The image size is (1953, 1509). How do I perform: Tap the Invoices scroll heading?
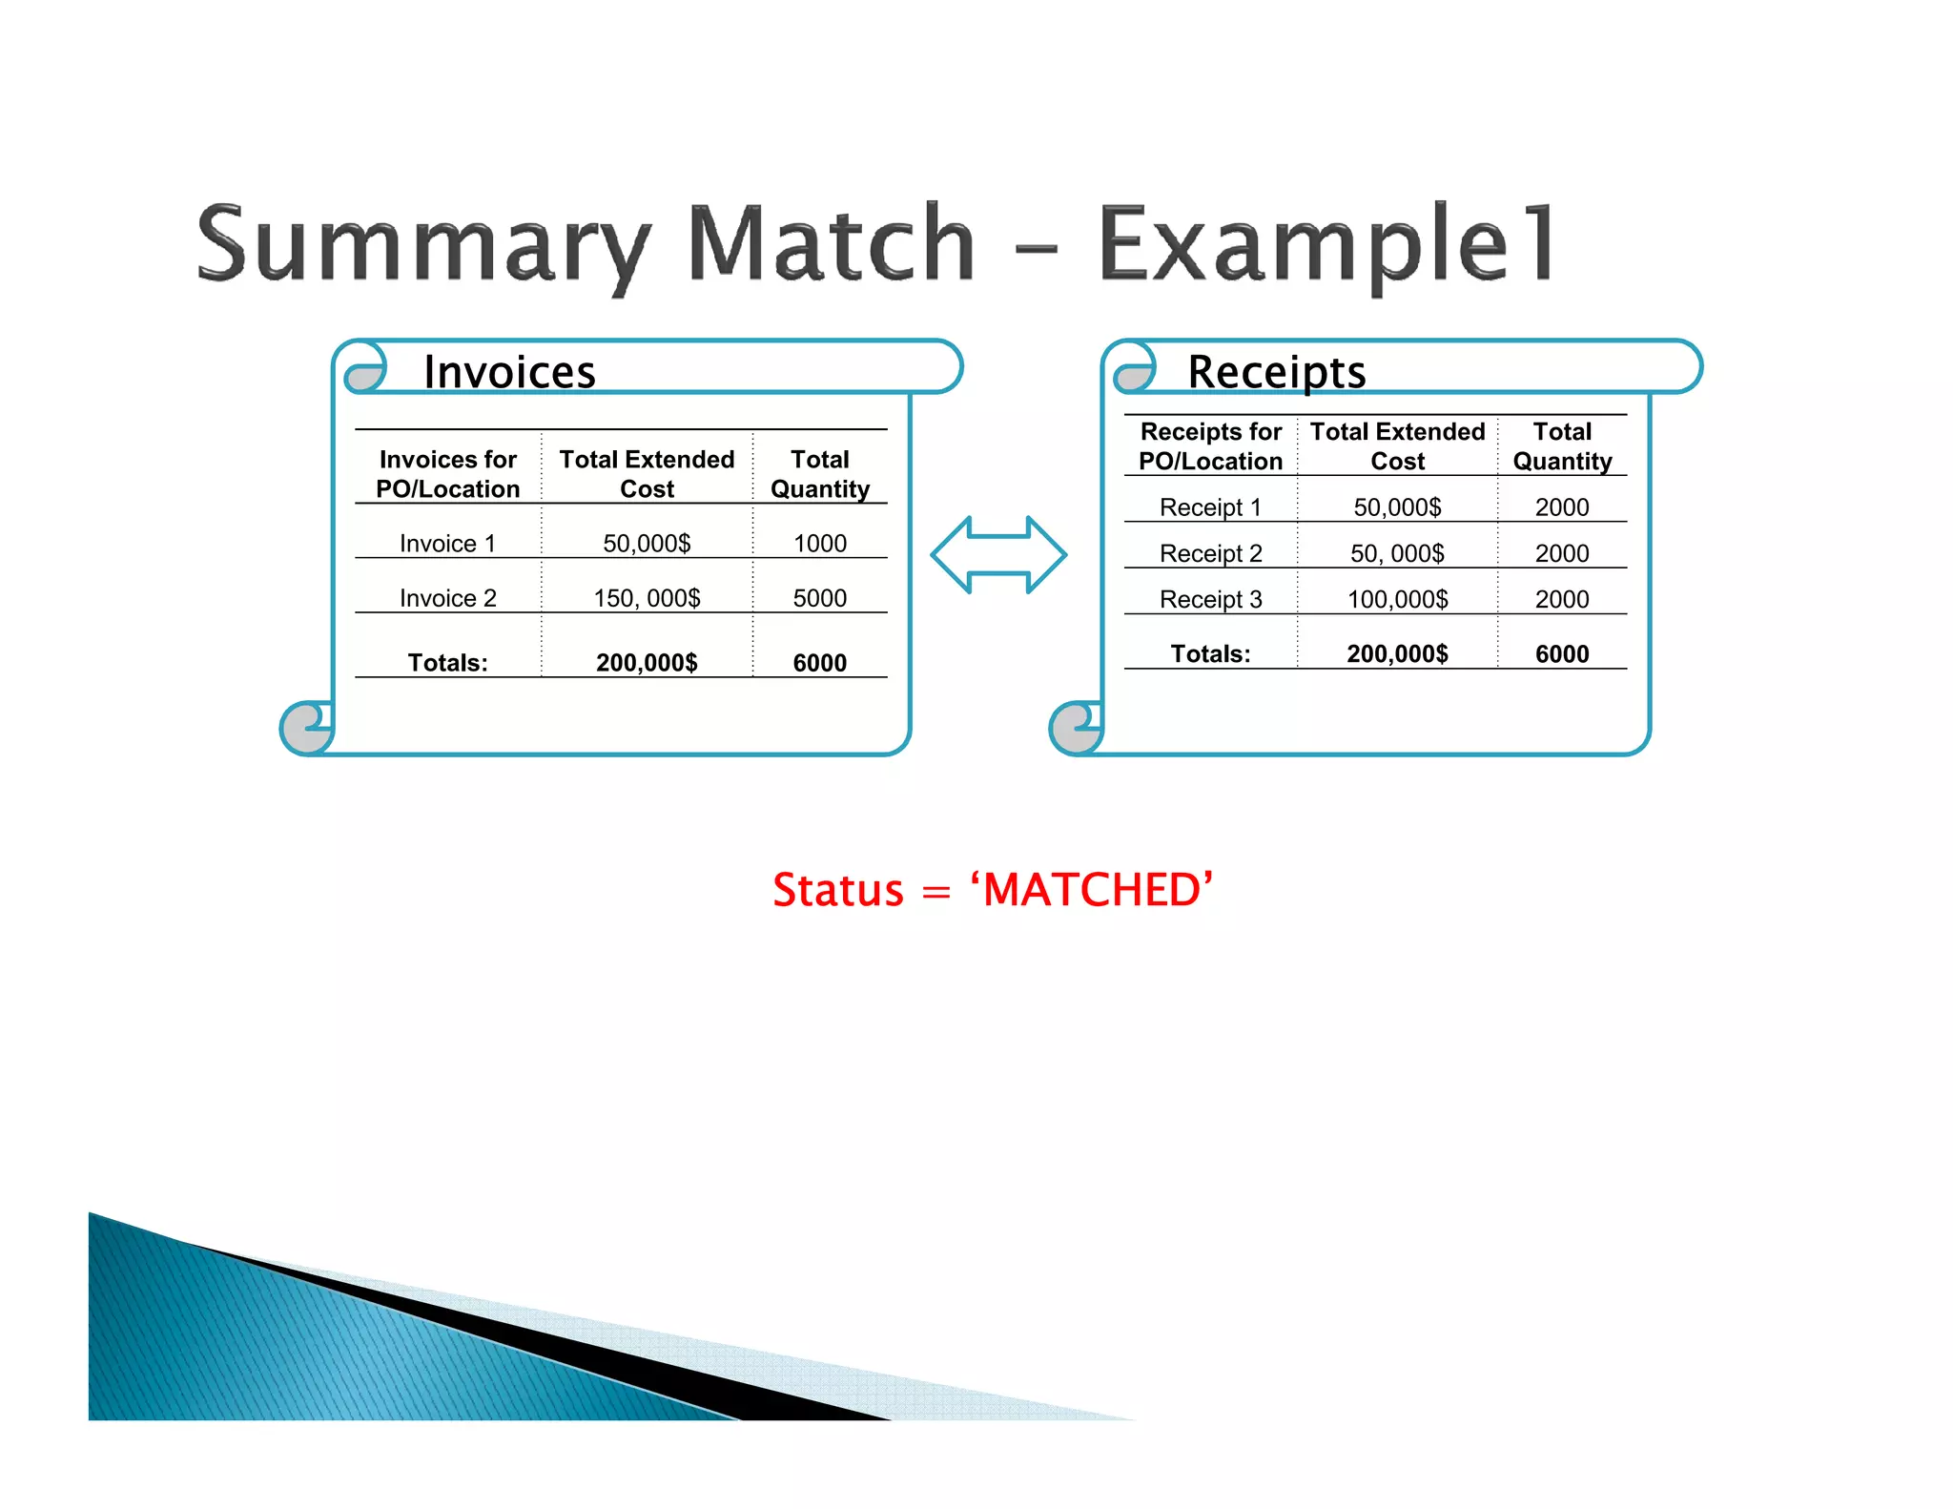(509, 371)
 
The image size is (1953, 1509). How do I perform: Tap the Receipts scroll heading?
(1276, 371)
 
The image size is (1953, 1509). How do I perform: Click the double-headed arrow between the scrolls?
(997, 555)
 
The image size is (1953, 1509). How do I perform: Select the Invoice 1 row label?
(447, 544)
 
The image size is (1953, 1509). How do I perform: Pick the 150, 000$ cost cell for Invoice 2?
(647, 598)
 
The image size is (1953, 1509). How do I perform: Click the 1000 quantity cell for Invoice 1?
(819, 544)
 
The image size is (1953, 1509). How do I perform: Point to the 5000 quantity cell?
(819, 598)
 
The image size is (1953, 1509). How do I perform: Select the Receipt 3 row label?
(1210, 599)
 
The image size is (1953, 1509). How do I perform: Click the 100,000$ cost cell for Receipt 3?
(1397, 599)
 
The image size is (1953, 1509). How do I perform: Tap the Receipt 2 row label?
(1210, 553)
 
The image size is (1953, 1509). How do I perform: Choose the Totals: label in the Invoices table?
(447, 663)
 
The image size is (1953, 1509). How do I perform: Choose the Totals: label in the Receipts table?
(1210, 654)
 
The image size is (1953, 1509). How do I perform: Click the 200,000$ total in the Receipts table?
(1397, 654)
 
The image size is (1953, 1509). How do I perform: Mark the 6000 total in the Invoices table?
(819, 663)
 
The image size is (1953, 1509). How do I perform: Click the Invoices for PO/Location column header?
(447, 474)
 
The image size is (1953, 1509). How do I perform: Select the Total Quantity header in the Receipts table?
(1562, 446)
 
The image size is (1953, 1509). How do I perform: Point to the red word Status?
(837, 890)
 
